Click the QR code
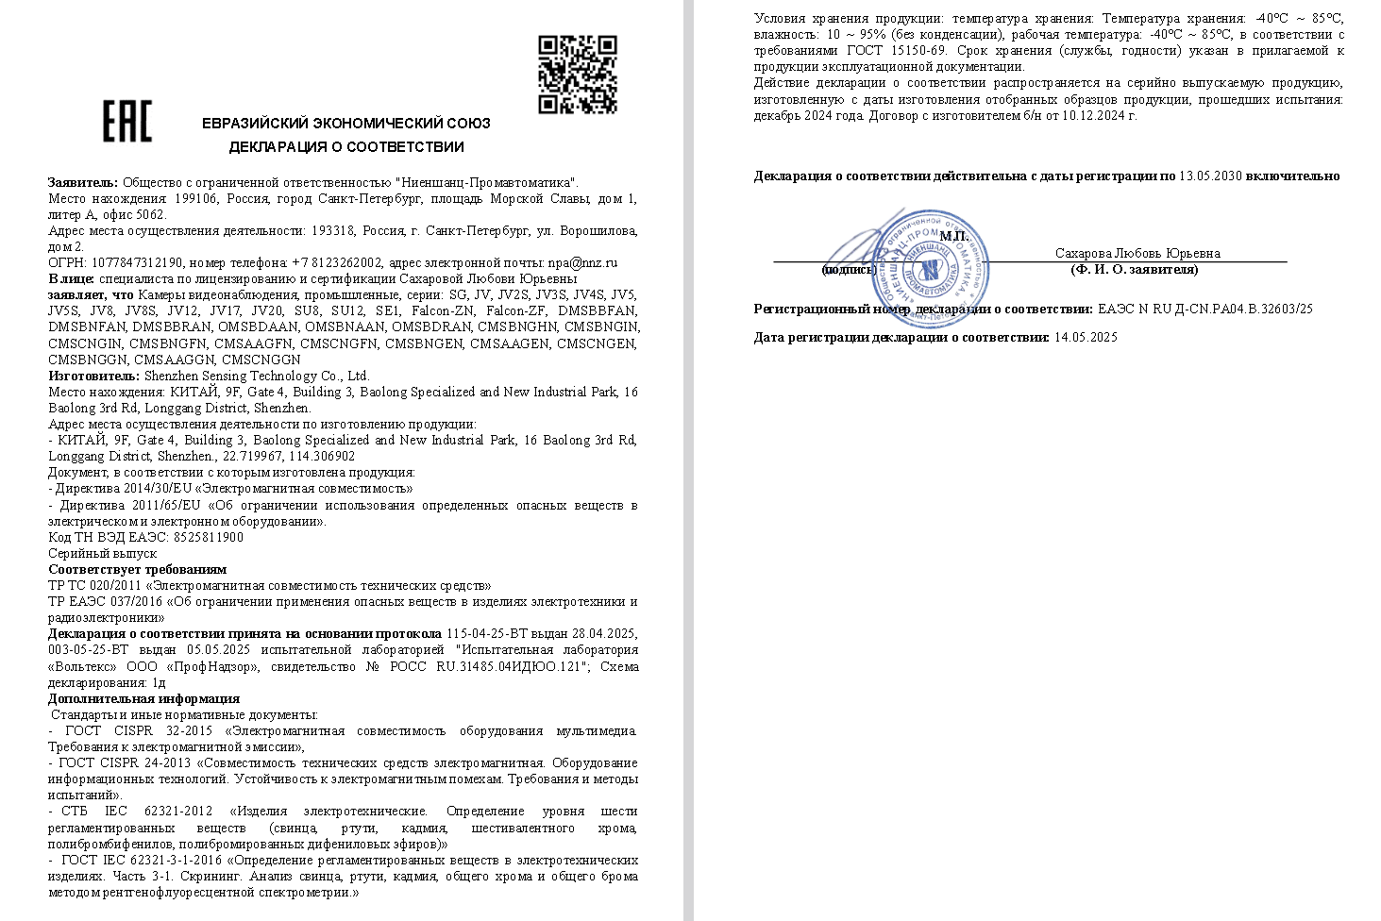[578, 75]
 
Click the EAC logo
[126, 122]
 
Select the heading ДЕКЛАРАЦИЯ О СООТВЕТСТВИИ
[346, 147]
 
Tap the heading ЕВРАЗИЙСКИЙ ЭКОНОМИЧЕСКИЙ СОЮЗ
[346, 123]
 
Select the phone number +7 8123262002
[337, 262]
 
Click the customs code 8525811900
[209, 537]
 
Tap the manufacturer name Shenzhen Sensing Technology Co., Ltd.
[256, 376]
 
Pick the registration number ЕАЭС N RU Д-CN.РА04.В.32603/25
[1205, 309]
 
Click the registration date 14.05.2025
[1086, 337]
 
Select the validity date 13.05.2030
[1210, 176]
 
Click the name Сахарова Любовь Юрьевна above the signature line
[1137, 253]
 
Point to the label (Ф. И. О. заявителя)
[1134, 270]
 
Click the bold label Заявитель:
[83, 182]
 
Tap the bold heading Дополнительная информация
[143, 698]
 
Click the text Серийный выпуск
[102, 553]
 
